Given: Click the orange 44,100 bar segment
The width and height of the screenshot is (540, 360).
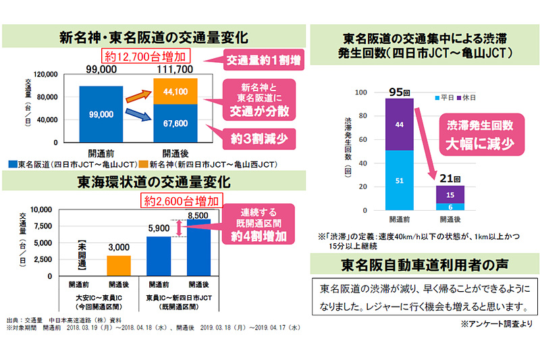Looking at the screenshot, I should point(175,91).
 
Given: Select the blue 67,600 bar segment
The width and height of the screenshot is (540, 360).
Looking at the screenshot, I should point(175,124).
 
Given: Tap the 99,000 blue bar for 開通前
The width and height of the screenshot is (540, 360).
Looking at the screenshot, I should point(101,115).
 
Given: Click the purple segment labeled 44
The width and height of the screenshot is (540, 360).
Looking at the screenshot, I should point(400,124).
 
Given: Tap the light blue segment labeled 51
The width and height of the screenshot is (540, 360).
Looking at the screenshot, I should point(400,180).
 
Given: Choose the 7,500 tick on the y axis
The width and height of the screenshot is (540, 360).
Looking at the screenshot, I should point(43,226).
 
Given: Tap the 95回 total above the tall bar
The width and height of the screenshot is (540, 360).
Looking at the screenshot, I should point(400,92).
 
